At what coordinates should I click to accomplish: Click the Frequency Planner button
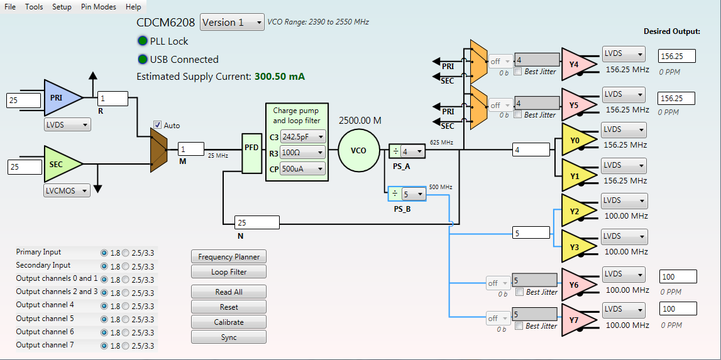coord(229,256)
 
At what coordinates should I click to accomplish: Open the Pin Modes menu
coord(98,7)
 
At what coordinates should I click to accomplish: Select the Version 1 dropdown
coord(233,23)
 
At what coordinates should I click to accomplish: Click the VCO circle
coord(359,151)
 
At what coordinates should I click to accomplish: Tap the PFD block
coord(251,148)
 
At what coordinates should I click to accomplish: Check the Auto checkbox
coord(158,125)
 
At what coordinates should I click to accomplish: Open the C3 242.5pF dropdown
coord(302,136)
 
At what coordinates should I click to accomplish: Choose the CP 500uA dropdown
coord(302,168)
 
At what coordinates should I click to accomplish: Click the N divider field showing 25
coord(256,222)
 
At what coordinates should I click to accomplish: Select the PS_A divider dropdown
coord(413,151)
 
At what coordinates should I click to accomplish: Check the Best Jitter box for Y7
coord(519,326)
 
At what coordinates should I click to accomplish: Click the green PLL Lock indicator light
coord(142,41)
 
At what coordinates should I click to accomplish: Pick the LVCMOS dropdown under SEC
coord(67,190)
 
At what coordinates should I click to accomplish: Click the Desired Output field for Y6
coord(678,276)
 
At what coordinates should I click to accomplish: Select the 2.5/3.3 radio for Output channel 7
coord(126,346)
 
